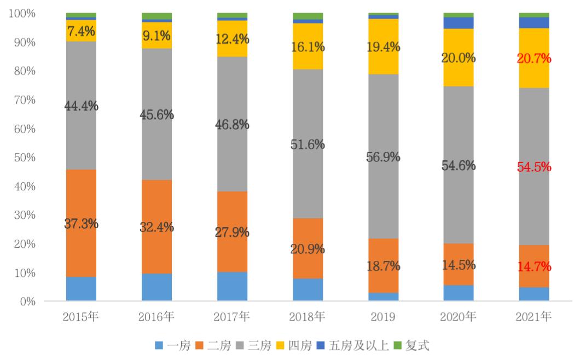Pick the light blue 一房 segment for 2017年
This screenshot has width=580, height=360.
232,286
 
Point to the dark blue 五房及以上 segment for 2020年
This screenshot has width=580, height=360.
459,22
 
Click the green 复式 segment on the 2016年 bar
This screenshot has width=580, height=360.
156,16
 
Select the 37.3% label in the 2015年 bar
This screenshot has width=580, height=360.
81,224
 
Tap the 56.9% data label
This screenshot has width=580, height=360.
383,158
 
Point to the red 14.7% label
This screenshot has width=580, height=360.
534,267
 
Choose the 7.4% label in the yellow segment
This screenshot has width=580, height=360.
81,31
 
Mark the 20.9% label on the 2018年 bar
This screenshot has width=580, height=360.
308,249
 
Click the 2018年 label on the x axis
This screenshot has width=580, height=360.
308,316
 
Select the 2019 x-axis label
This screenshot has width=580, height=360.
383,316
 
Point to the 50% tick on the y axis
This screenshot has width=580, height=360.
25,158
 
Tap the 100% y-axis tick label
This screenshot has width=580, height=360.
22,13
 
